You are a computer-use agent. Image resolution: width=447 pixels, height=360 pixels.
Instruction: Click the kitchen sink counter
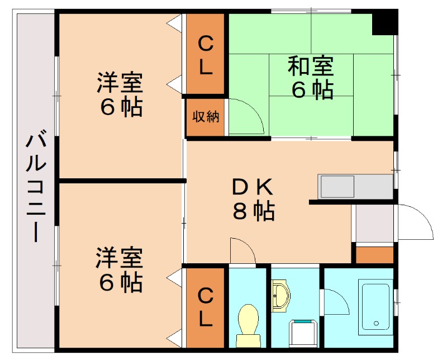coord(355,186)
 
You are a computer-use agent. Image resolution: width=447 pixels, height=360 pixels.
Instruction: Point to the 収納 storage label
coord(206,117)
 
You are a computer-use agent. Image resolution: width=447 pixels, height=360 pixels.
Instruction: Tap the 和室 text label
coord(311,67)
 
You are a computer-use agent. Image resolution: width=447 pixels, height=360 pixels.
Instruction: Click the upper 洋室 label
coord(120,83)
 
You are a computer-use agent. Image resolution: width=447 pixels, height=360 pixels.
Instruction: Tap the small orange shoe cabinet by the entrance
coord(374,255)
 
